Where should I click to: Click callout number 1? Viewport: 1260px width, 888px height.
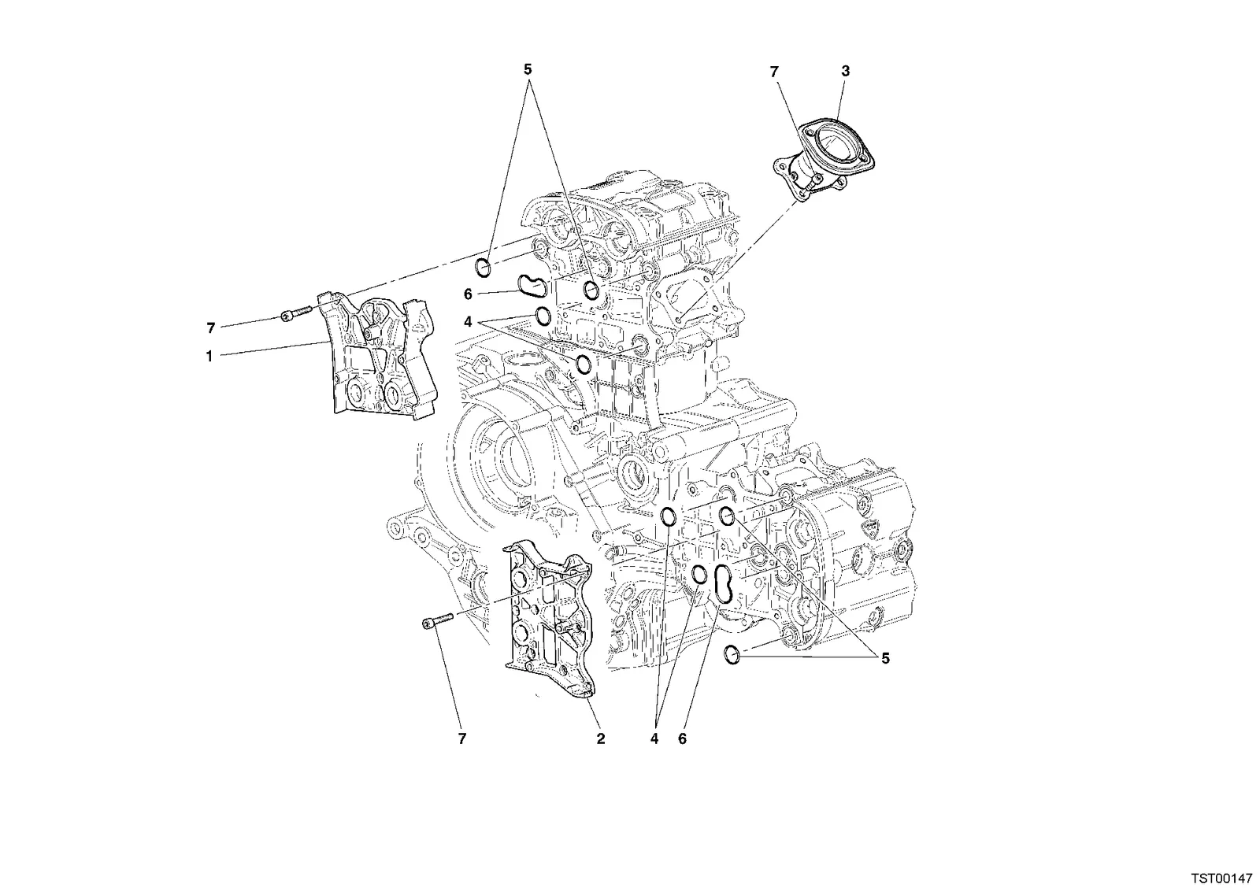pyautogui.click(x=209, y=356)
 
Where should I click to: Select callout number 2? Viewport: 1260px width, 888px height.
pyautogui.click(x=601, y=739)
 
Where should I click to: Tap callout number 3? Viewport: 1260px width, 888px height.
pyautogui.click(x=846, y=72)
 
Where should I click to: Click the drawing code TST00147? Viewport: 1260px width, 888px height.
pyautogui.click(x=1221, y=878)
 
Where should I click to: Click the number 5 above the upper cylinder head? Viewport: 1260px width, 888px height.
pyautogui.click(x=528, y=70)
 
